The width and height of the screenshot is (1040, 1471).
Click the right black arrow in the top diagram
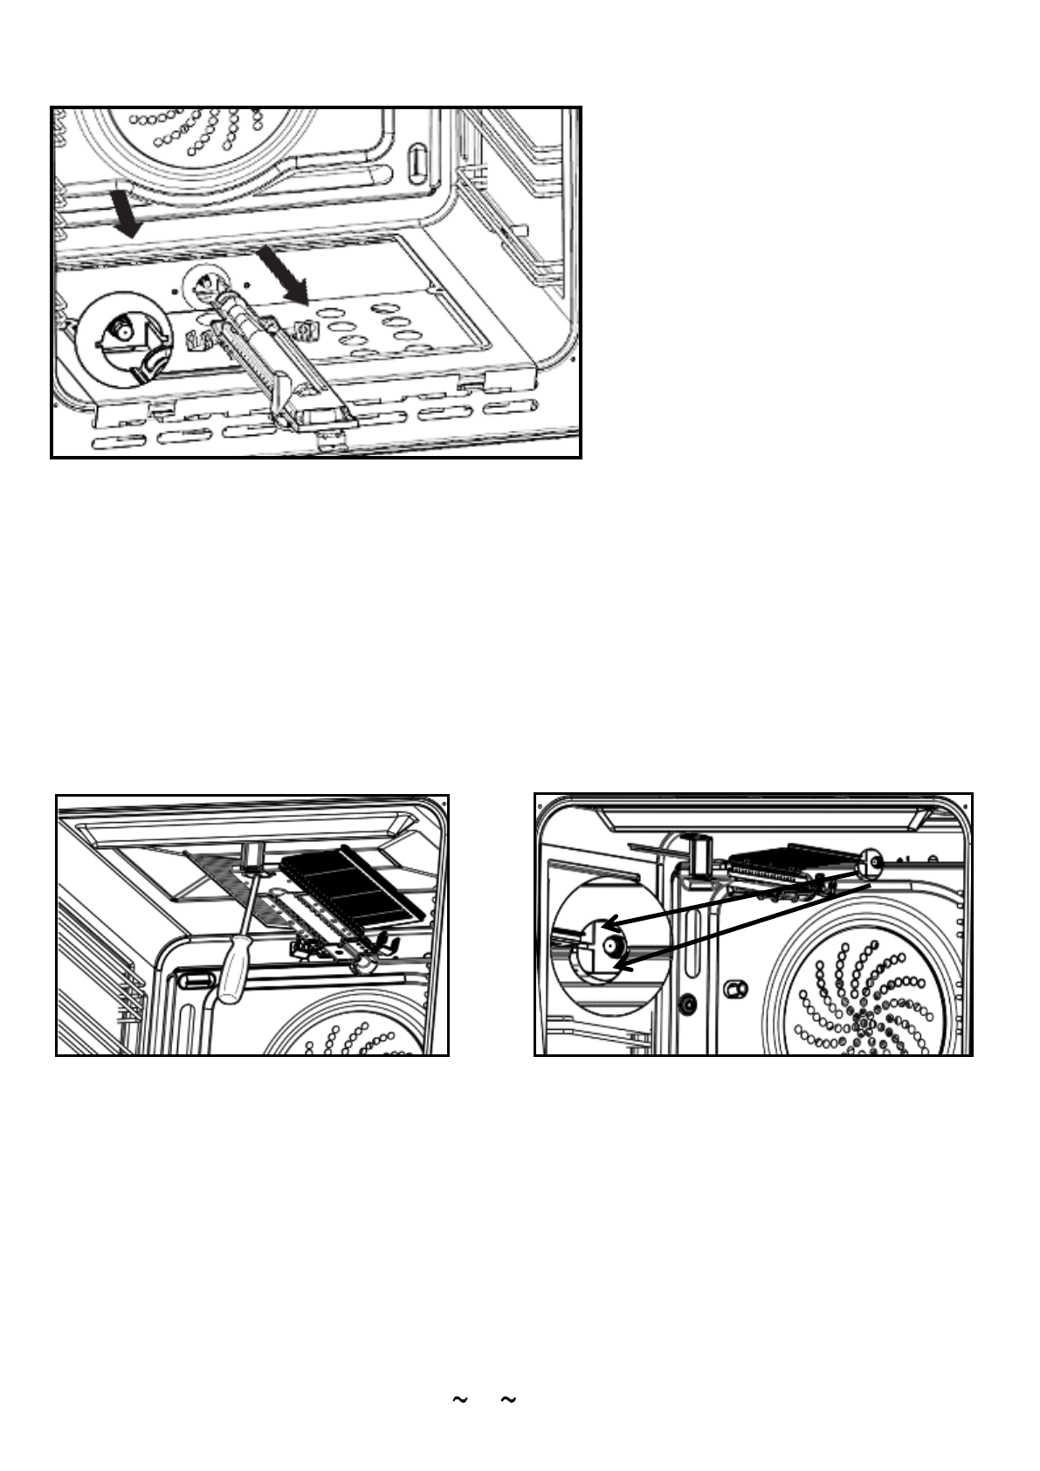point(284,274)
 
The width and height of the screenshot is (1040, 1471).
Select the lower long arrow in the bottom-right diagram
point(743,925)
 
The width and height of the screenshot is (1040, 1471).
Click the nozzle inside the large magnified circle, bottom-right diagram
point(611,945)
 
